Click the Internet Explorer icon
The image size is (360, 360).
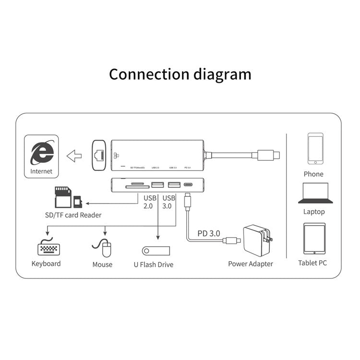(x=41, y=153)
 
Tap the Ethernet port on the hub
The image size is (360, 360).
(x=98, y=155)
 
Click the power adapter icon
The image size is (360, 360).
(x=258, y=241)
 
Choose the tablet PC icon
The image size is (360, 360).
(x=314, y=239)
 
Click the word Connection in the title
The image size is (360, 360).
(x=149, y=74)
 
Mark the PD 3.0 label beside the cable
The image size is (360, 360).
(x=209, y=233)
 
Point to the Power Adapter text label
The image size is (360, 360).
(x=250, y=264)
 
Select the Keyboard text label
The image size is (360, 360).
(x=46, y=264)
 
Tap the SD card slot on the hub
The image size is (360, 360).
(x=136, y=185)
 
